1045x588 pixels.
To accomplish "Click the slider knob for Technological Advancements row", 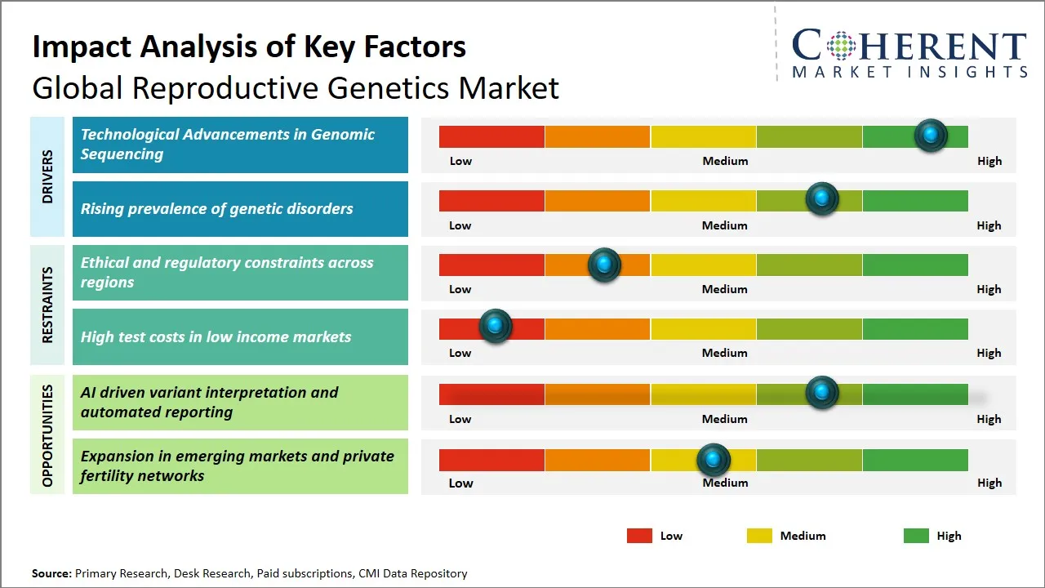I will click(931, 136).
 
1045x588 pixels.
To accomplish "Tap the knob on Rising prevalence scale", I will click(822, 199).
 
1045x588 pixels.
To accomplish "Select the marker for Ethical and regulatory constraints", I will click(604, 265).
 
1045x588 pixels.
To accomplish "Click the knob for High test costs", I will click(495, 326).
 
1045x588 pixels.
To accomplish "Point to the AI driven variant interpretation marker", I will click(822, 393).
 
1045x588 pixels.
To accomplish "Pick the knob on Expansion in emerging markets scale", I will click(714, 460).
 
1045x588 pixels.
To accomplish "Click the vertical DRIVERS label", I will click(47, 176).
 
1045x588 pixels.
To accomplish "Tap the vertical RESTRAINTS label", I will click(47, 305).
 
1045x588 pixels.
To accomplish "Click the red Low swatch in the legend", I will click(639, 536).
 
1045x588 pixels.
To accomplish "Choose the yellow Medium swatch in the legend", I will click(759, 536).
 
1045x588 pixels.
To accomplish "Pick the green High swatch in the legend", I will click(916, 536).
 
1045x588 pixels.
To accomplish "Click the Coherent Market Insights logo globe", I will click(842, 46).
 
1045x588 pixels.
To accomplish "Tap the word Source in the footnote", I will click(51, 573).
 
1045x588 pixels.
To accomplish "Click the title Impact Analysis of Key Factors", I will click(249, 47).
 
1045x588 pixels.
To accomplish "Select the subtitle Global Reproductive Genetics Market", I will click(296, 87).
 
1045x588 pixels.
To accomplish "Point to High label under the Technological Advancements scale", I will click(989, 161).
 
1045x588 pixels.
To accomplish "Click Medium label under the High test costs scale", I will click(725, 353).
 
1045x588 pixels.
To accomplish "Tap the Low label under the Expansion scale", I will click(460, 483).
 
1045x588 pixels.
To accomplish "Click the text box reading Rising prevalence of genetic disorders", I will click(240, 209).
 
